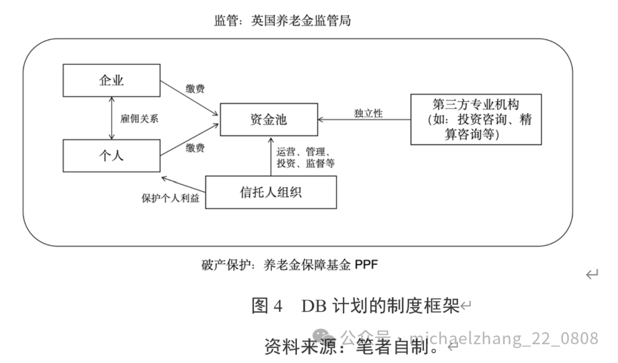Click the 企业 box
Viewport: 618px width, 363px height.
(x=111, y=81)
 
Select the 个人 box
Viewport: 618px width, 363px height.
(x=111, y=155)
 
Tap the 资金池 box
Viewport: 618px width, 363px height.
(x=268, y=119)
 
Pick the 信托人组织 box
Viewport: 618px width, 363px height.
(x=271, y=192)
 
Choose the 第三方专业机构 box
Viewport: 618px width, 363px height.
(x=476, y=119)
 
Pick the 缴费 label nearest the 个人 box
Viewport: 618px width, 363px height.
(x=196, y=148)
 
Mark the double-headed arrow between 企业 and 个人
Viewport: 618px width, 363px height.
(x=112, y=118)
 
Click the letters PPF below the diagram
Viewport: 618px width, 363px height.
(x=366, y=265)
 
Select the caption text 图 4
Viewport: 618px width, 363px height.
(x=267, y=306)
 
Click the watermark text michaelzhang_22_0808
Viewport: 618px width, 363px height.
(x=504, y=338)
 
